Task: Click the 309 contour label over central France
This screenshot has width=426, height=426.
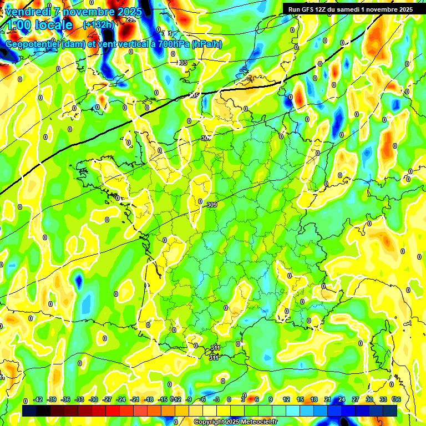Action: [211, 205]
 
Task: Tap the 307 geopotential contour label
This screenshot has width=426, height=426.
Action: [206, 138]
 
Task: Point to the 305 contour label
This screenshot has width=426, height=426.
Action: [194, 96]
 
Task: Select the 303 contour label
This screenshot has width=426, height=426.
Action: [182, 63]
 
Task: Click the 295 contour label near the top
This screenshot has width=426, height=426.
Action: [131, 19]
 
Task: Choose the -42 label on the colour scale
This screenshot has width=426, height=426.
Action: [38, 399]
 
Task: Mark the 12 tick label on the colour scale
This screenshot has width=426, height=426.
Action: [286, 399]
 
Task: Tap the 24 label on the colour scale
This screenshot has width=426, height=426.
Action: [342, 399]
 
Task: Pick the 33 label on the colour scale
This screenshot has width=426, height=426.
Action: [383, 399]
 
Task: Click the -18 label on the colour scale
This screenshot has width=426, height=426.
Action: [149, 399]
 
